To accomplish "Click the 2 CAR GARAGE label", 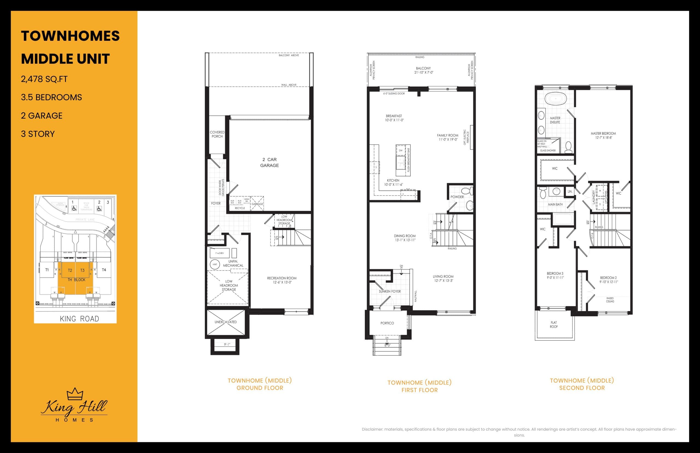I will pyautogui.click(x=269, y=162).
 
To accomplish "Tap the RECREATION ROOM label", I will pyautogui.click(x=282, y=280).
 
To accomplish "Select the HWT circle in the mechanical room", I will pyautogui.click(x=215, y=265).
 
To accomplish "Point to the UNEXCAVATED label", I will pyautogui.click(x=226, y=322).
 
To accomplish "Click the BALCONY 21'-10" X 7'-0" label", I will pyautogui.click(x=423, y=70).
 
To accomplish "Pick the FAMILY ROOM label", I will pyautogui.click(x=447, y=137).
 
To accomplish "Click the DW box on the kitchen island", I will pyautogui.click(x=400, y=150).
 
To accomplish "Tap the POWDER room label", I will pyautogui.click(x=457, y=197).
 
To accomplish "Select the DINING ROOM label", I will pyautogui.click(x=405, y=238).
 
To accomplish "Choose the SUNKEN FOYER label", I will pyautogui.click(x=390, y=291).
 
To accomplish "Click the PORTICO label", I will pyautogui.click(x=387, y=323).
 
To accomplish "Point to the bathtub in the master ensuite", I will pyautogui.click(x=555, y=99).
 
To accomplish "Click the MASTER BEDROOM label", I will pyautogui.click(x=603, y=135).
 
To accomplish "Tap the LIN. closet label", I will pyautogui.click(x=570, y=191).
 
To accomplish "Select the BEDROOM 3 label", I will pyautogui.click(x=555, y=275).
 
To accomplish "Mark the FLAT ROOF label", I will pyautogui.click(x=554, y=324).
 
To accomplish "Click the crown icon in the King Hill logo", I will pyautogui.click(x=75, y=394).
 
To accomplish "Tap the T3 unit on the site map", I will pyautogui.click(x=82, y=270).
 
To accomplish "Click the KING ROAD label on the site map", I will pyautogui.click(x=79, y=319).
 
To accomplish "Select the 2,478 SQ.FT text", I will pyautogui.click(x=44, y=79).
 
